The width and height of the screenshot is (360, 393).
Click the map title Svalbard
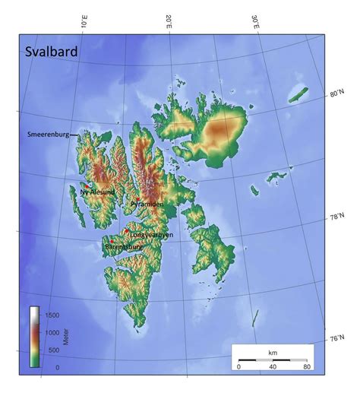click(51, 52)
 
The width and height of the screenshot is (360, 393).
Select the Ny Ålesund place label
click(97, 192)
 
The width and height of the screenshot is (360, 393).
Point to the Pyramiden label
click(147, 204)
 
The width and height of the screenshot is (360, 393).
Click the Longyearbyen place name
click(152, 236)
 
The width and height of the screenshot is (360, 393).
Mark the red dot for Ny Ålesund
click(88, 185)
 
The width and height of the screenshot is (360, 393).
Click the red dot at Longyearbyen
click(127, 231)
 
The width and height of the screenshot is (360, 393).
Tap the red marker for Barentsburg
click(112, 242)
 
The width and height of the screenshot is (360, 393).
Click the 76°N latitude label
click(336, 338)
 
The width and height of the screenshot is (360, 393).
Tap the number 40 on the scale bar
click(272, 367)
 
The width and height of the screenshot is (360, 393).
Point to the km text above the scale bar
click(272, 353)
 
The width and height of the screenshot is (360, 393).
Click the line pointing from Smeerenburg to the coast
click(74, 136)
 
